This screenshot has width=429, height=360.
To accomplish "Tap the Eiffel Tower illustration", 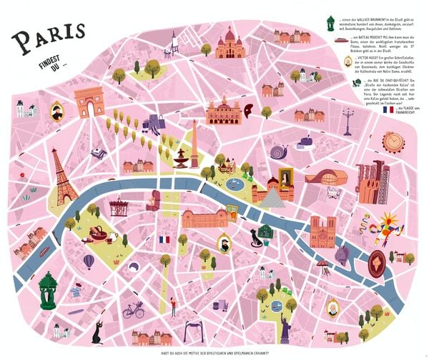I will point(63,179).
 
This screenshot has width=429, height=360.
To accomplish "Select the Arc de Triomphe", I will point(89,101).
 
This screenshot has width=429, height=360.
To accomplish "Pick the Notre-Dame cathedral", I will point(322,231).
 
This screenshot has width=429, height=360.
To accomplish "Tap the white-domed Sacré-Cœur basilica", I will point(230,44).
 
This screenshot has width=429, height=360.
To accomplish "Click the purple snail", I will point(280,151).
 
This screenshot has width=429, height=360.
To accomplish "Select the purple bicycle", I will point(133,311).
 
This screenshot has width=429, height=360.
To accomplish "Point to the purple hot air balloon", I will point(88,261).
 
